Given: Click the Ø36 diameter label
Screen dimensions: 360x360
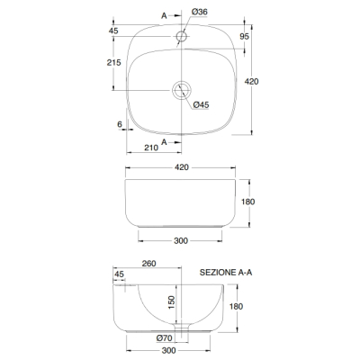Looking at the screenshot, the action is [200, 12].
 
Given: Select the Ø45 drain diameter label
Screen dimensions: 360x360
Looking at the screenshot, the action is [201, 104].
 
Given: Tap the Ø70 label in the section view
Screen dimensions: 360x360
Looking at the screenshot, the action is [164, 338].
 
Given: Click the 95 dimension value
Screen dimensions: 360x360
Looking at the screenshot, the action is [245, 36].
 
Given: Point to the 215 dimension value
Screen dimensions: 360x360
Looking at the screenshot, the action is [114, 62].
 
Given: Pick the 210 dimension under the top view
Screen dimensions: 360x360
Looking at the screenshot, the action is [151, 148].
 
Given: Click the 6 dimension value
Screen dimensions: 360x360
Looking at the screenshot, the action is [120, 124].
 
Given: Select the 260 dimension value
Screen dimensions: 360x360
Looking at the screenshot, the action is [148, 264].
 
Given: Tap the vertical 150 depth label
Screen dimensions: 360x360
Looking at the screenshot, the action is [171, 302].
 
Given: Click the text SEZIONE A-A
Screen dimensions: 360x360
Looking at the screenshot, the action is [226, 273].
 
